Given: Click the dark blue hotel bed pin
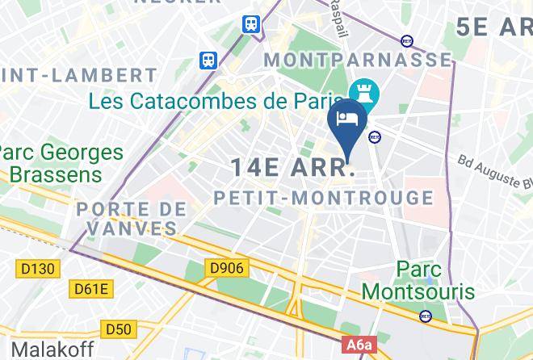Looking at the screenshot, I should (347, 119).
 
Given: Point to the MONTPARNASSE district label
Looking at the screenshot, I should (358, 61).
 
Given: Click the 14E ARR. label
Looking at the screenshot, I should (292, 168).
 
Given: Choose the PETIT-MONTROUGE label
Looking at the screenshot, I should (323, 198).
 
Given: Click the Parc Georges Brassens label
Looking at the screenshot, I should (63, 163).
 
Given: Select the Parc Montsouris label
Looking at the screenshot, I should (429, 278).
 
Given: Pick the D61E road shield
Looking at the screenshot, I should (91, 288).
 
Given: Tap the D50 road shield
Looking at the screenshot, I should (119, 329).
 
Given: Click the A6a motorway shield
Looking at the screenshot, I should (360, 345).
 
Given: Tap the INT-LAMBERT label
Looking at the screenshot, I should (78, 76).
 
